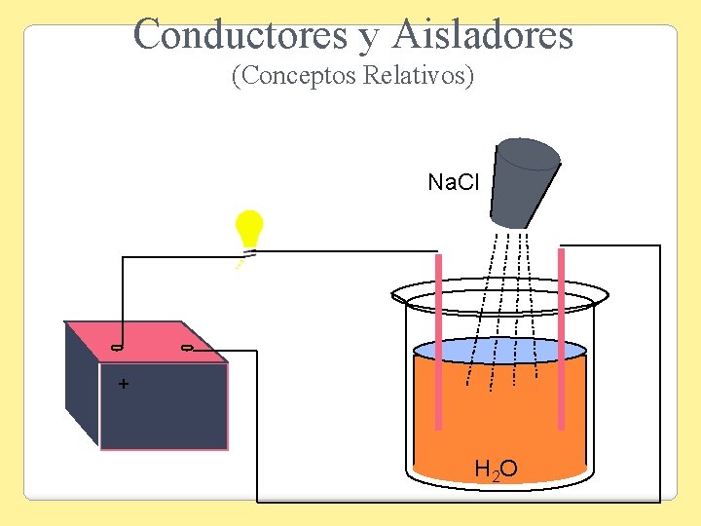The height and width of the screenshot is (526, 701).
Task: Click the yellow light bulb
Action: tap(250, 229)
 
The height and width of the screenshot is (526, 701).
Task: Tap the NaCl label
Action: tap(454, 182)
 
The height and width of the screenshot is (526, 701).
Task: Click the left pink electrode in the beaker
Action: tap(438, 341)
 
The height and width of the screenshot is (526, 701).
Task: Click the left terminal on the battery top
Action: tap(116, 348)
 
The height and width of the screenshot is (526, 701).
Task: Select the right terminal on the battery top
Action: tap(187, 348)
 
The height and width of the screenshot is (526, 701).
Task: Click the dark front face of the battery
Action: tap(164, 406)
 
